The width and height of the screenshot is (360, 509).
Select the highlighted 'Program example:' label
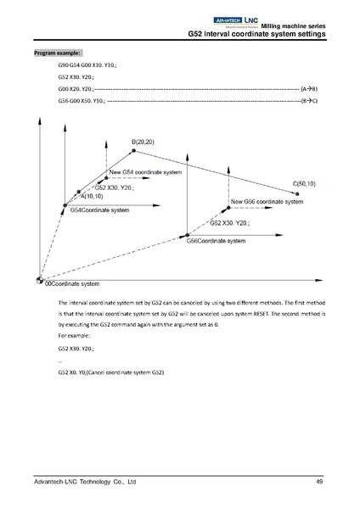[57, 53]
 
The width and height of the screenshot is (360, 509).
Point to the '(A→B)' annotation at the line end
[310, 88]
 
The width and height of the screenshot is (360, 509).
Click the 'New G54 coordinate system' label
[146, 171]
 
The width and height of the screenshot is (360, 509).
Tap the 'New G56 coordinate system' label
[267, 203]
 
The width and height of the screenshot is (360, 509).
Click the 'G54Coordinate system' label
[99, 210]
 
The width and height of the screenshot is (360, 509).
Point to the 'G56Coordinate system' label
[216, 241]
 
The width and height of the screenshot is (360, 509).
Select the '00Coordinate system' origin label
[71, 283]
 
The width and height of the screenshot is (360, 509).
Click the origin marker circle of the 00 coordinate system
[39, 280]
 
